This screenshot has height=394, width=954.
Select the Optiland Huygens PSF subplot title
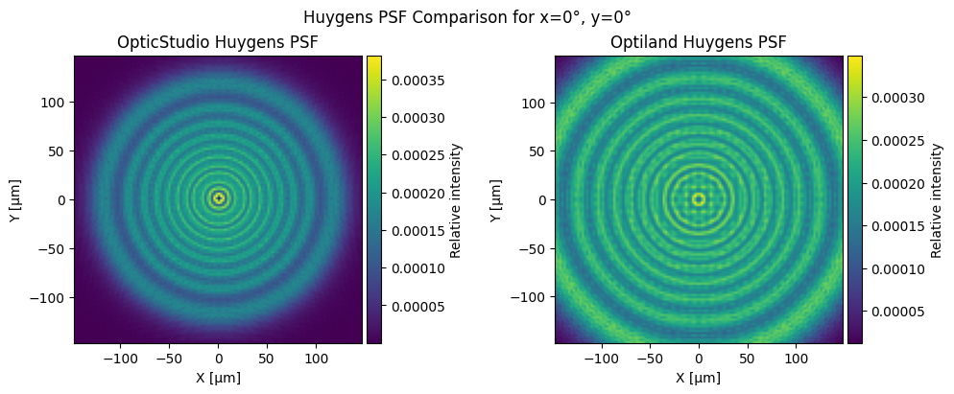pos(699,42)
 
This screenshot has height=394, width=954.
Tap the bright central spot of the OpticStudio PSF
pos(219,198)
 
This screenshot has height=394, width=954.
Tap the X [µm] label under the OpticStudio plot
pos(218,378)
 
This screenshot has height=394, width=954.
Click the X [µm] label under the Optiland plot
pos(699,378)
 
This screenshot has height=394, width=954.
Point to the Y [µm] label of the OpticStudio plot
pos(17,200)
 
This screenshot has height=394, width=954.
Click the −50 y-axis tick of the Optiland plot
pos(535,248)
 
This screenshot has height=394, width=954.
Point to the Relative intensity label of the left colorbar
pos(455,200)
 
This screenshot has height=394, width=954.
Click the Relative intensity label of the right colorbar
pos(937,200)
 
